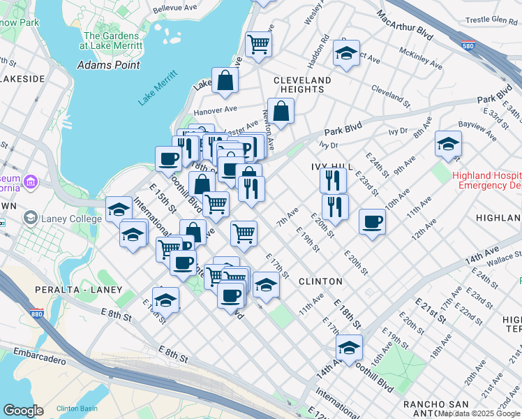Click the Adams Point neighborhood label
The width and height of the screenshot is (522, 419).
108,65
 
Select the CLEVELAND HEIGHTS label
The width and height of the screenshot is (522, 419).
302,84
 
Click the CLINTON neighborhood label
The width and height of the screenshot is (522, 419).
320,281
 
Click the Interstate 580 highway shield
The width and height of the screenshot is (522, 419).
468,45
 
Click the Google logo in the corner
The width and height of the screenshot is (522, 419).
24,410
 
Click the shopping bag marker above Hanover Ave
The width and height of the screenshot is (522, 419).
225,81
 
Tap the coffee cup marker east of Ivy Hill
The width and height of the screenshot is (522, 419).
371,223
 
